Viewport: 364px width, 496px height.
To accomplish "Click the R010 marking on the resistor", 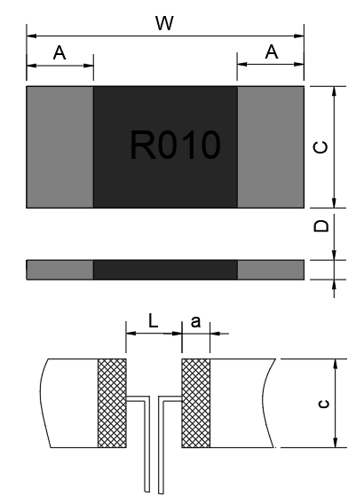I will click(173, 146).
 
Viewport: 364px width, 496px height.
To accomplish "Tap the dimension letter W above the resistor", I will click(164, 24).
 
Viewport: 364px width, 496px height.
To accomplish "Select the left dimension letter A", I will click(59, 53).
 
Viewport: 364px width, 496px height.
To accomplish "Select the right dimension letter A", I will click(272, 53).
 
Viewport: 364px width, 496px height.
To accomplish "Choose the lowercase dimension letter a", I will click(195, 322).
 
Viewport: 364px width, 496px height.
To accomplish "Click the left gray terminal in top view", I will click(60, 146).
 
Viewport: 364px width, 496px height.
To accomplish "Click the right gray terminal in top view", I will click(271, 146).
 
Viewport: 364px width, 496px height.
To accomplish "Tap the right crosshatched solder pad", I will click(195, 404).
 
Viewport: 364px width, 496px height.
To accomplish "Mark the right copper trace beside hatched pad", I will click(240, 404).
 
